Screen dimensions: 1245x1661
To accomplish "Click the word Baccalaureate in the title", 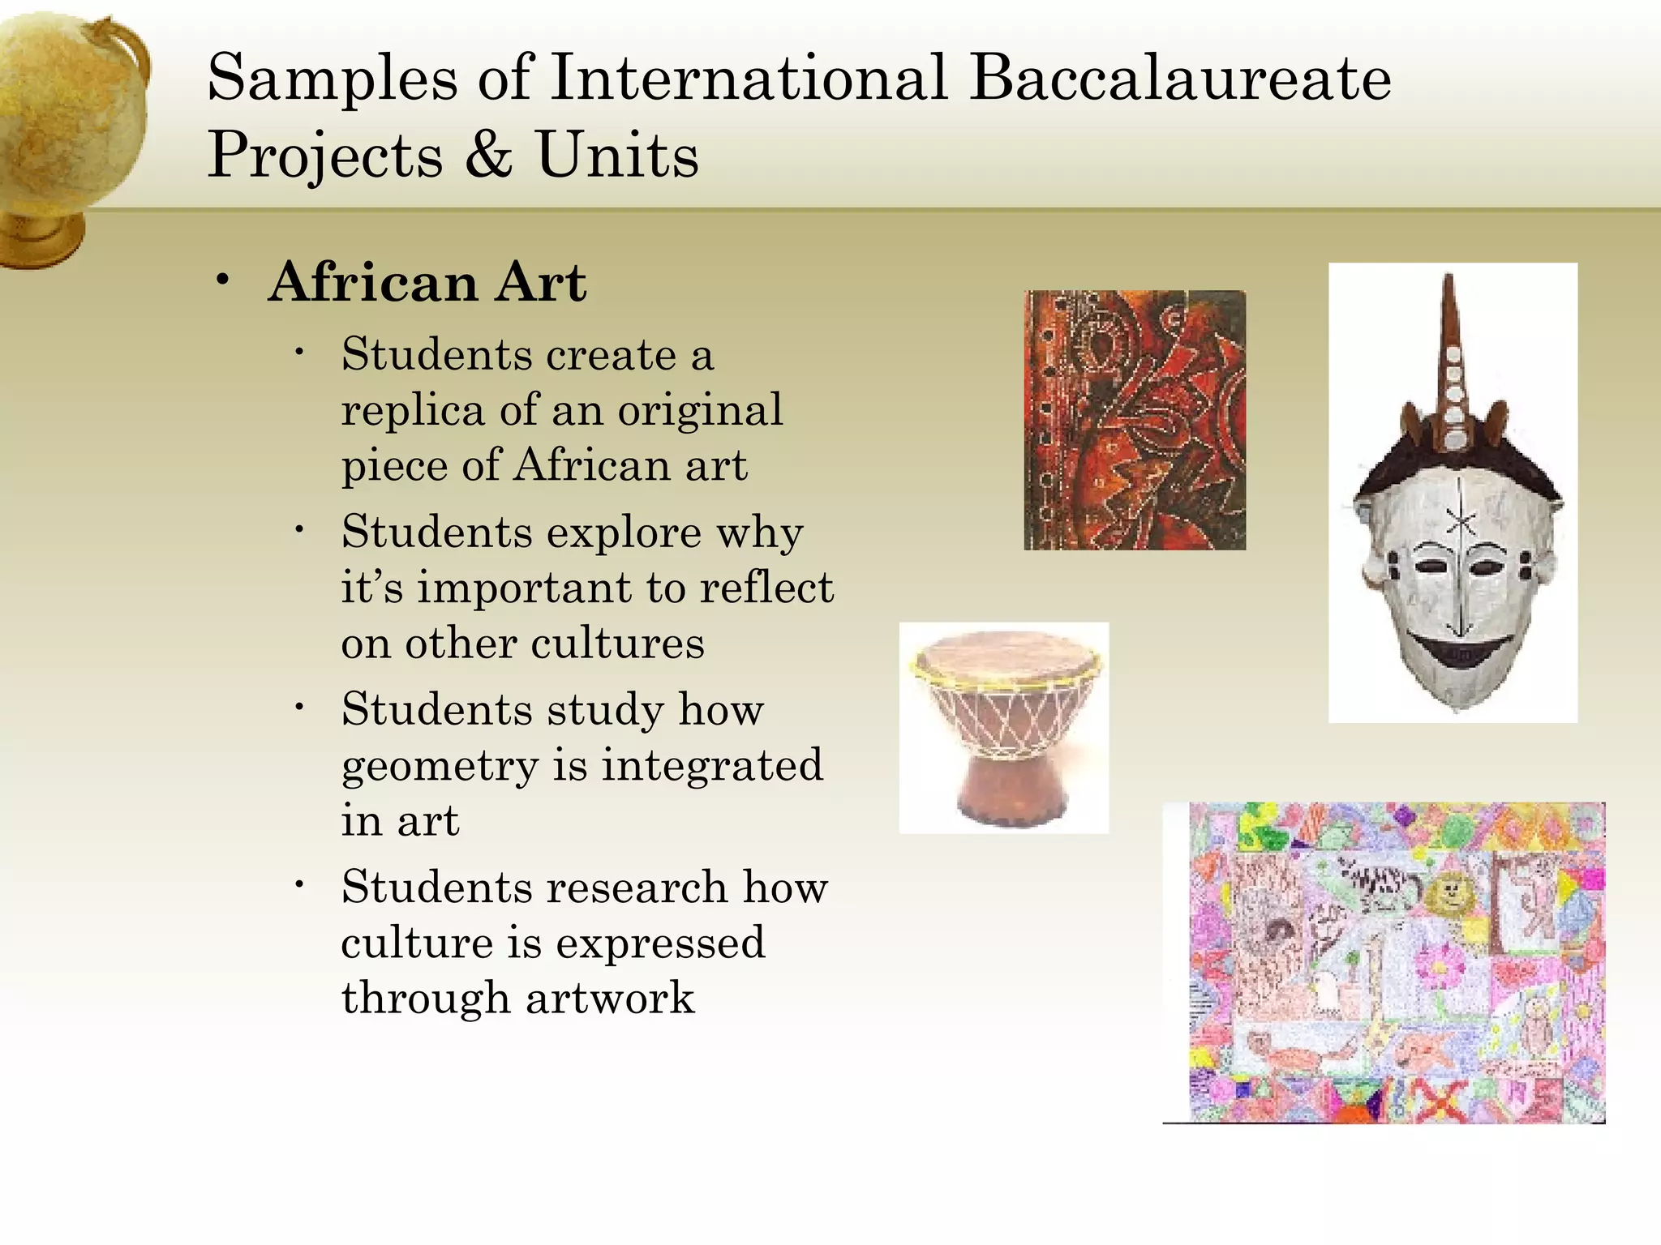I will (1180, 79).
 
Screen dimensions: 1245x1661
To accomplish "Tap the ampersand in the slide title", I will (489, 154).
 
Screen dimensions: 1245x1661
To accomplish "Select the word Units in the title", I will (617, 154).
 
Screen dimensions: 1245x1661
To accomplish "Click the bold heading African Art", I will (427, 283).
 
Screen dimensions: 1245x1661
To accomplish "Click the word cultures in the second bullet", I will (618, 644).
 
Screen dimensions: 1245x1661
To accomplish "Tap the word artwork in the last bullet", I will (610, 998).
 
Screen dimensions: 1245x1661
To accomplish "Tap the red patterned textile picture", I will (1135, 420).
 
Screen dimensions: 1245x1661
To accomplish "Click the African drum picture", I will (1004, 727).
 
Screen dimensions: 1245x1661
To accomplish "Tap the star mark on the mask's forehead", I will (1461, 523).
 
